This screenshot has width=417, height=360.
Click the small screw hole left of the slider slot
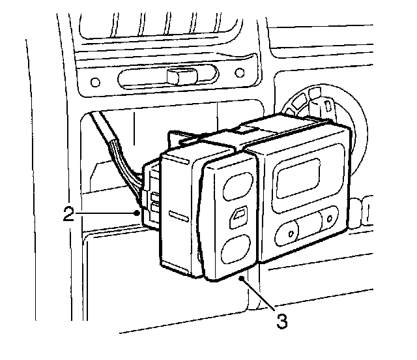pyautogui.click(x=95, y=83)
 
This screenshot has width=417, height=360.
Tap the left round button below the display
pyautogui.click(x=287, y=230)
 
